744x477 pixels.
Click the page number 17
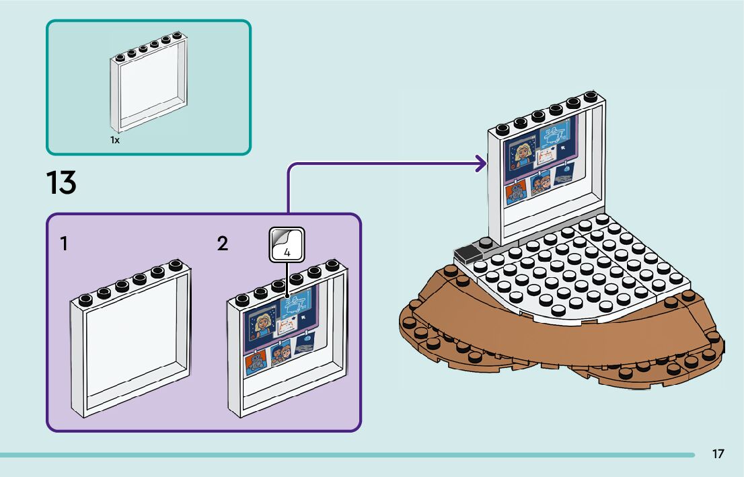pyautogui.click(x=718, y=454)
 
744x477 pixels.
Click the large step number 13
pyautogui.click(x=61, y=183)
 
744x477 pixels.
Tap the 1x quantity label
pyautogui.click(x=115, y=141)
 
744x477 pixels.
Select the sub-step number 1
pyautogui.click(x=63, y=244)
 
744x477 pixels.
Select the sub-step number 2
pyautogui.click(x=223, y=244)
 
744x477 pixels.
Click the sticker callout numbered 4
pyautogui.click(x=287, y=245)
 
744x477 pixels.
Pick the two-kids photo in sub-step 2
pyautogui.click(x=281, y=351)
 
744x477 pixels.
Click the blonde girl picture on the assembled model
pyautogui.click(x=524, y=154)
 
